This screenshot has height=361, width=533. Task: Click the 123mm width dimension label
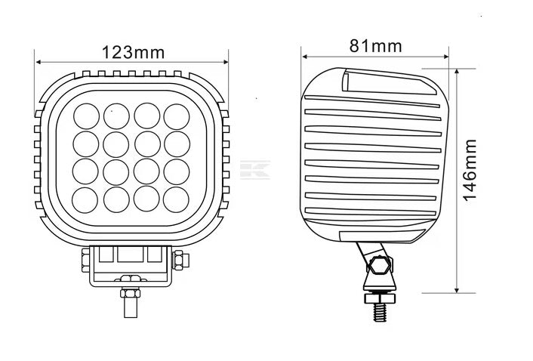click(132, 52)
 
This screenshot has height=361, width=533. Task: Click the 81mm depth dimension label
click(375, 45)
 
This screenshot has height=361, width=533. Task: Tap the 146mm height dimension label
click(470, 169)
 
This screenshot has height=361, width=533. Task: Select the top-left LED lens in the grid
click(86, 116)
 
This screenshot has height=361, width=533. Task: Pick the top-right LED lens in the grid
click(176, 116)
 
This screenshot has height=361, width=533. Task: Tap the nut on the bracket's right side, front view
click(180, 261)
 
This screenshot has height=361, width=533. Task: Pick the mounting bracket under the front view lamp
click(130, 264)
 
